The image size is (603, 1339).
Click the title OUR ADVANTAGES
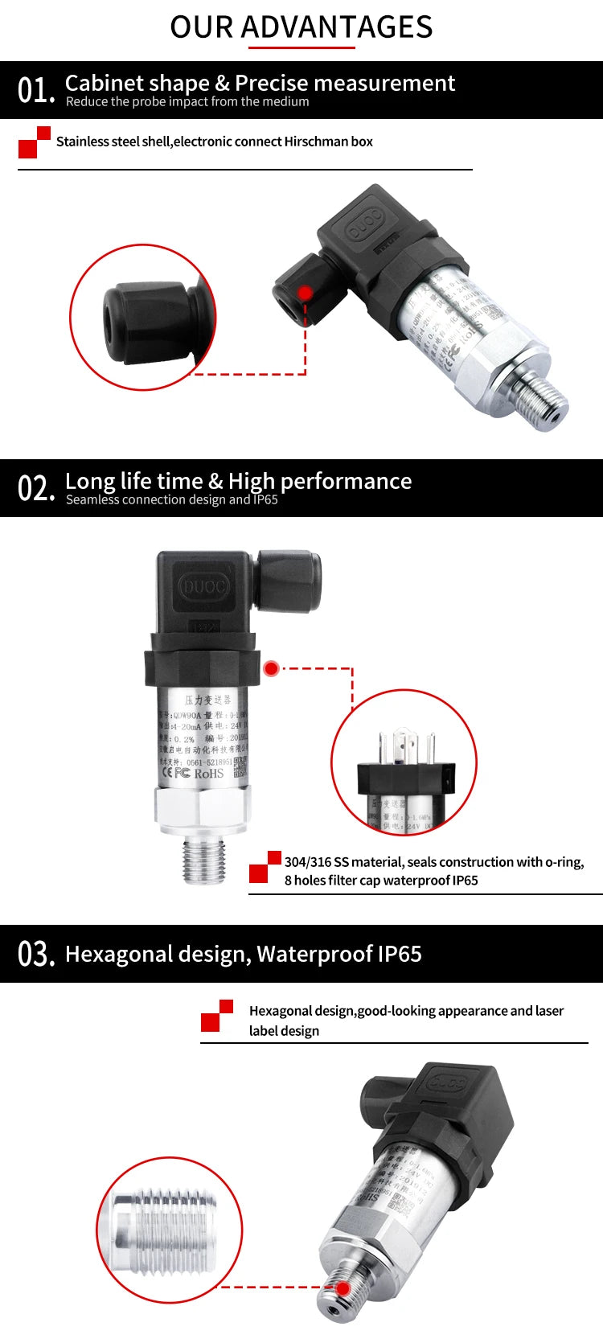pyautogui.click(x=301, y=27)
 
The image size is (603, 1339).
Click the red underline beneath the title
pyautogui.click(x=301, y=48)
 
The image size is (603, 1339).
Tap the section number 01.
pyautogui.click(x=35, y=90)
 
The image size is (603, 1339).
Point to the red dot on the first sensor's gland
pyautogui.click(x=306, y=293)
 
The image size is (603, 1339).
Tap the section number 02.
pyautogui.click(x=35, y=488)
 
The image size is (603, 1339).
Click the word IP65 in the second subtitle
pyautogui.click(x=265, y=499)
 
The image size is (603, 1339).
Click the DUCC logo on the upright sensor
pyautogui.click(x=204, y=586)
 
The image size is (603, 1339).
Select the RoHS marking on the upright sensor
pyautogui.click(x=208, y=774)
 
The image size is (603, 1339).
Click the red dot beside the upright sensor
pyautogui.click(x=271, y=668)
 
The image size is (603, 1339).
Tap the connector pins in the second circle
pyautogui.click(x=406, y=748)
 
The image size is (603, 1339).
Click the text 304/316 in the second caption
pyautogui.click(x=308, y=862)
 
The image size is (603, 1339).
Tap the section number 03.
pyautogui.click(x=35, y=954)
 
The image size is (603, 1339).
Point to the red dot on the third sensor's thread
pyautogui.click(x=343, y=1288)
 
